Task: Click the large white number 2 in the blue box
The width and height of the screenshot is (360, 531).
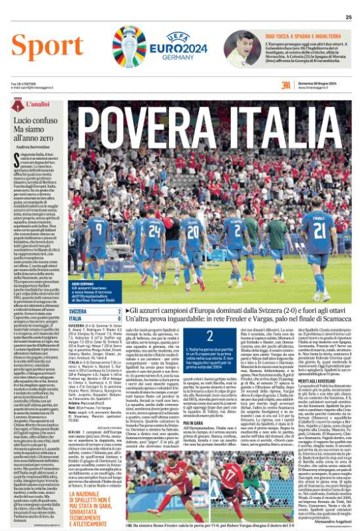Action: click(x=210, y=336)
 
